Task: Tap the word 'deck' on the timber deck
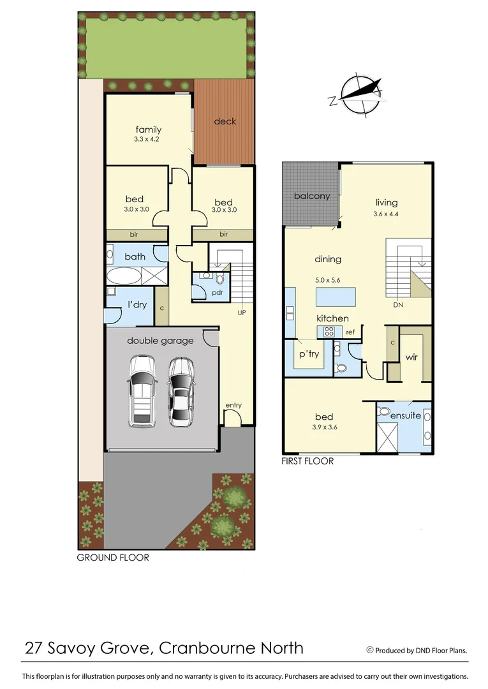(x=225, y=121)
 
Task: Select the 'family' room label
(x=148, y=130)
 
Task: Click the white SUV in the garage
(x=142, y=391)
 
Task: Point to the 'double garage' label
(x=160, y=341)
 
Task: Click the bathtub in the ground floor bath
(x=124, y=276)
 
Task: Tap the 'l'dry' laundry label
(x=137, y=305)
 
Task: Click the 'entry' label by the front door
(x=233, y=405)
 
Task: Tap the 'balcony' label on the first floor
(x=312, y=196)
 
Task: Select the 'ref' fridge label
(x=350, y=332)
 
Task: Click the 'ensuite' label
(x=405, y=415)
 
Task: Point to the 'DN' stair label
(x=398, y=305)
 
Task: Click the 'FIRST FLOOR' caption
(x=307, y=461)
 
